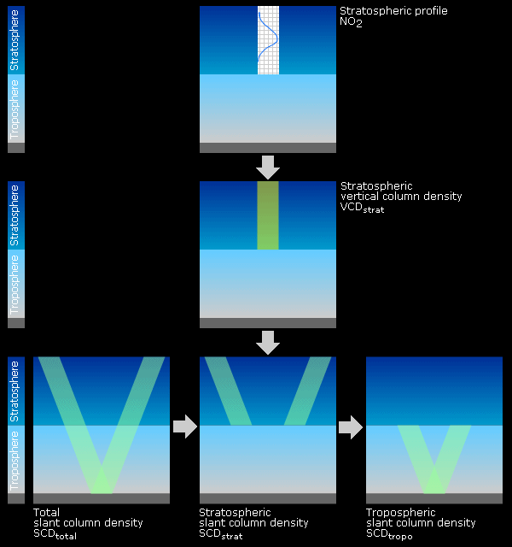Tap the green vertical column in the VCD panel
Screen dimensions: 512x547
click(268, 215)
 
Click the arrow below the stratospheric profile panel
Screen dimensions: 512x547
click(268, 168)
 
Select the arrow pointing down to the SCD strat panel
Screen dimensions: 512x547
click(268, 343)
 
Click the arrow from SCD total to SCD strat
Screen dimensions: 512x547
click(185, 426)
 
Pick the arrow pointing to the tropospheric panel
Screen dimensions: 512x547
click(351, 427)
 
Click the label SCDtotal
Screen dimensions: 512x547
click(55, 534)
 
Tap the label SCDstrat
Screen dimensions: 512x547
click(221, 534)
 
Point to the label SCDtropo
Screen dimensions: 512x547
click(389, 534)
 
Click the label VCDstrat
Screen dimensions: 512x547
click(362, 208)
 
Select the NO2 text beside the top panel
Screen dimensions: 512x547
click(351, 22)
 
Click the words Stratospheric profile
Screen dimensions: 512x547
click(393, 11)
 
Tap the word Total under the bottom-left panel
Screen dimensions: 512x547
click(46, 513)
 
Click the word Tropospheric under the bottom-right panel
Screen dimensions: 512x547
click(401, 513)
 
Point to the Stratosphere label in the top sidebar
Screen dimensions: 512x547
click(15, 40)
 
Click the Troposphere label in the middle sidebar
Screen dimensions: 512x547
click(15, 285)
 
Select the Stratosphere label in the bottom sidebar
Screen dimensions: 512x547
click(15, 391)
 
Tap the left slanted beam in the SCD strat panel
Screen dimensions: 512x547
click(228, 391)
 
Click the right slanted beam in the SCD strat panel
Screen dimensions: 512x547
click(307, 391)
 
